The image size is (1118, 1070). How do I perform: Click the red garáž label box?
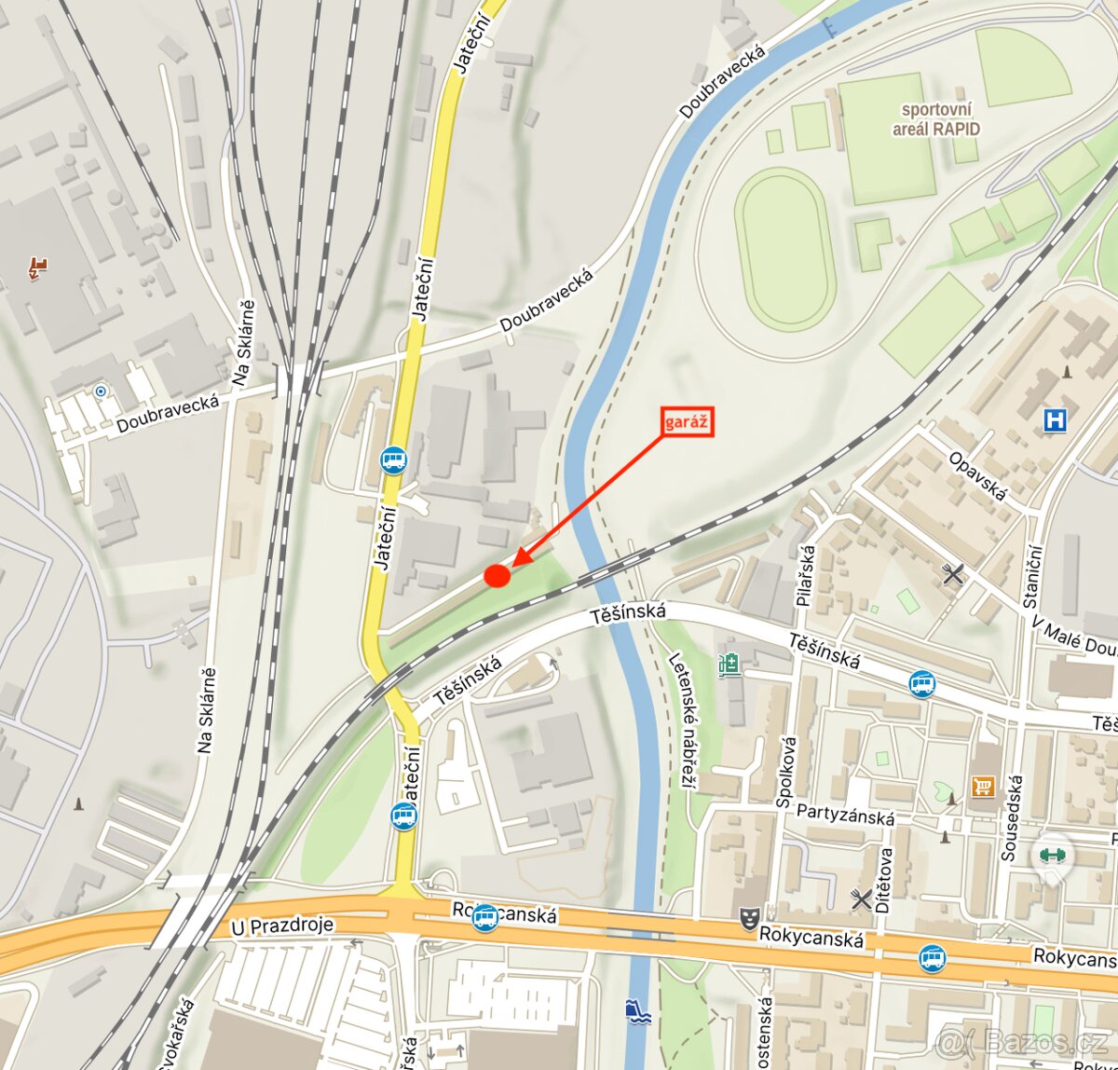click(x=688, y=421)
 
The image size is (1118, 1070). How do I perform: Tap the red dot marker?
click(x=498, y=576)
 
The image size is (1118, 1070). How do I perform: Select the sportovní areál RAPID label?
click(x=935, y=119)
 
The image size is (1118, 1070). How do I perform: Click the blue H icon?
click(x=1055, y=420)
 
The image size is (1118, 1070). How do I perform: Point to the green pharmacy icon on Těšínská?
click(x=729, y=665)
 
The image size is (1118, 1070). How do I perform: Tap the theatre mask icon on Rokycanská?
click(x=746, y=918)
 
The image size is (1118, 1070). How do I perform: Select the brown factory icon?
click(x=37, y=268)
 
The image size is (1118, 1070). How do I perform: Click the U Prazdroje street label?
click(x=282, y=926)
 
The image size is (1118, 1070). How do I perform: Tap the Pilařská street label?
click(x=806, y=576)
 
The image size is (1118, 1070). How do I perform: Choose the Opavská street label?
click(x=977, y=475)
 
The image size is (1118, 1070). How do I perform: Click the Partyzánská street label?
click(x=845, y=814)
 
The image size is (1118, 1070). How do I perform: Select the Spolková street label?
click(x=787, y=770)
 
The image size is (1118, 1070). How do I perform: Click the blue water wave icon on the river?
click(x=638, y=1010)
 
